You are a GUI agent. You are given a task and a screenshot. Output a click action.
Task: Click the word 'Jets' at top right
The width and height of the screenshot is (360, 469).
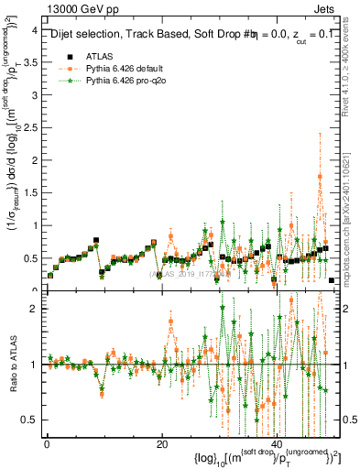click(x=328, y=8)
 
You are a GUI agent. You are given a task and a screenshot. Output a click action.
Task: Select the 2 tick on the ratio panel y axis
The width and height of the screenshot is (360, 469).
click(x=33, y=309)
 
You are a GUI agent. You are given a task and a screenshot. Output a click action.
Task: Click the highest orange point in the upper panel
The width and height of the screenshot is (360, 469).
click(x=320, y=177)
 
